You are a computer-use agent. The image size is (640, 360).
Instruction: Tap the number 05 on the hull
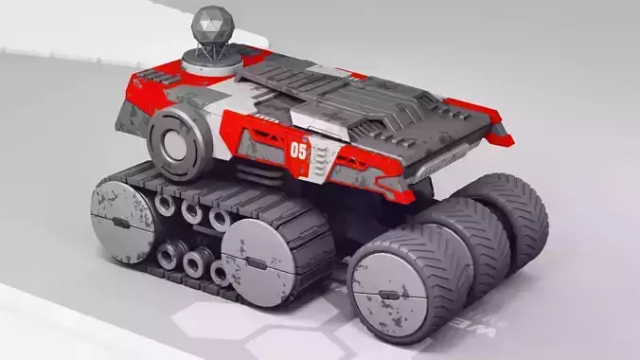point(299,149)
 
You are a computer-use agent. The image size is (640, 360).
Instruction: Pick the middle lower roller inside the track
point(196,261)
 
